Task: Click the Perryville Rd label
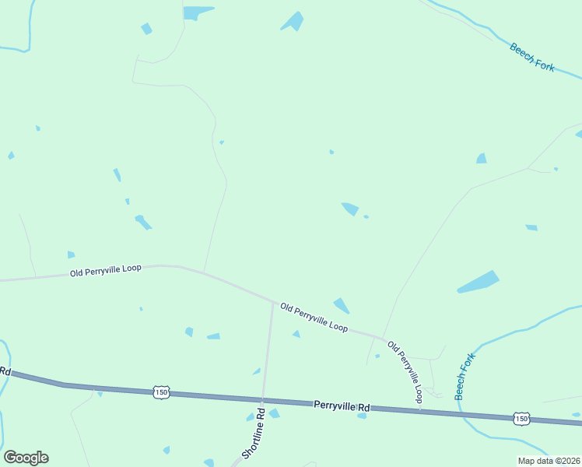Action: pyautogui.click(x=343, y=406)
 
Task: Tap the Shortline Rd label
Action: pyautogui.click(x=254, y=433)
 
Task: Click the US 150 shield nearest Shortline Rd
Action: pyautogui.click(x=161, y=392)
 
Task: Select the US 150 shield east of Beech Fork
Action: pyautogui.click(x=521, y=419)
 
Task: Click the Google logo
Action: pyautogui.click(x=26, y=458)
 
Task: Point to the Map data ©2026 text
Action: pyautogui.click(x=549, y=461)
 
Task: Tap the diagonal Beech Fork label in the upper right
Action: pyautogui.click(x=532, y=58)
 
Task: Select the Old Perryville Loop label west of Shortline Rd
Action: pyautogui.click(x=105, y=270)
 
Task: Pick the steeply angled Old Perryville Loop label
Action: pyautogui.click(x=405, y=372)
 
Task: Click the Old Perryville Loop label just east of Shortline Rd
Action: pyautogui.click(x=314, y=317)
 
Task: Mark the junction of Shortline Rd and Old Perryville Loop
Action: pyautogui.click(x=273, y=302)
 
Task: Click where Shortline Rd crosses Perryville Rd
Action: pyautogui.click(x=263, y=399)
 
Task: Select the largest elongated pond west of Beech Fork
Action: pyautogui.click(x=478, y=282)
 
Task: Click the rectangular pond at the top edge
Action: pyautogui.click(x=198, y=12)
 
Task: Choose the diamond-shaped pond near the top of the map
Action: pyautogui.click(x=293, y=21)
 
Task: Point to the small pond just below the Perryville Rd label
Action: pyautogui.click(x=362, y=416)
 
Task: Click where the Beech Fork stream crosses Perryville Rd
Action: pyautogui.click(x=465, y=413)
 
